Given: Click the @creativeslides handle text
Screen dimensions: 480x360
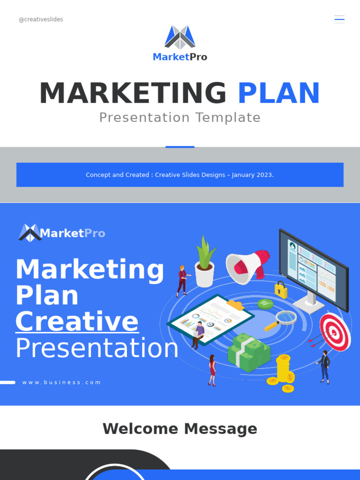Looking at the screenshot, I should (x=41, y=20).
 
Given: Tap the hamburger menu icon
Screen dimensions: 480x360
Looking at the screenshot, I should (x=339, y=19).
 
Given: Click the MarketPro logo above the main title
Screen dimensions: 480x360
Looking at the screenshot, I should (x=180, y=44).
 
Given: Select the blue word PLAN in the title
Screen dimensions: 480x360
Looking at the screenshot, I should (x=278, y=93).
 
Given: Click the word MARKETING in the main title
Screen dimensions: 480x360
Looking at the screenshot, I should (x=133, y=93).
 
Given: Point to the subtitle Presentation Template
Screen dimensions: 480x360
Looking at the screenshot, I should (x=180, y=117).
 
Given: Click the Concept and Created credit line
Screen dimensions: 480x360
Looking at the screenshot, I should (x=180, y=175).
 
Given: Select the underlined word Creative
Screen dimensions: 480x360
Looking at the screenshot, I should (x=77, y=322).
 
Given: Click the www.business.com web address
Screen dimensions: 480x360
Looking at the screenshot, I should (x=61, y=382).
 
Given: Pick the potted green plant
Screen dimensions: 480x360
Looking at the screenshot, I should (x=205, y=262).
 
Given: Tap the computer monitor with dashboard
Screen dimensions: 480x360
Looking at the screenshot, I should (x=313, y=269).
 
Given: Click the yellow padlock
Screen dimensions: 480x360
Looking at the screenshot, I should (x=281, y=290).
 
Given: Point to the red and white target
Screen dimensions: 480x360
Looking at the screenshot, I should (x=335, y=332).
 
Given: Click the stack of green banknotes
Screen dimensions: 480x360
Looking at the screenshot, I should (x=248, y=352).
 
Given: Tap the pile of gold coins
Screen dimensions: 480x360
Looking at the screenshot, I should (x=283, y=373).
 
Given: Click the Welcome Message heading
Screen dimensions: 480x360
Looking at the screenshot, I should (x=180, y=428).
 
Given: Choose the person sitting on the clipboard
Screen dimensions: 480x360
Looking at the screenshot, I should (x=199, y=334).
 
